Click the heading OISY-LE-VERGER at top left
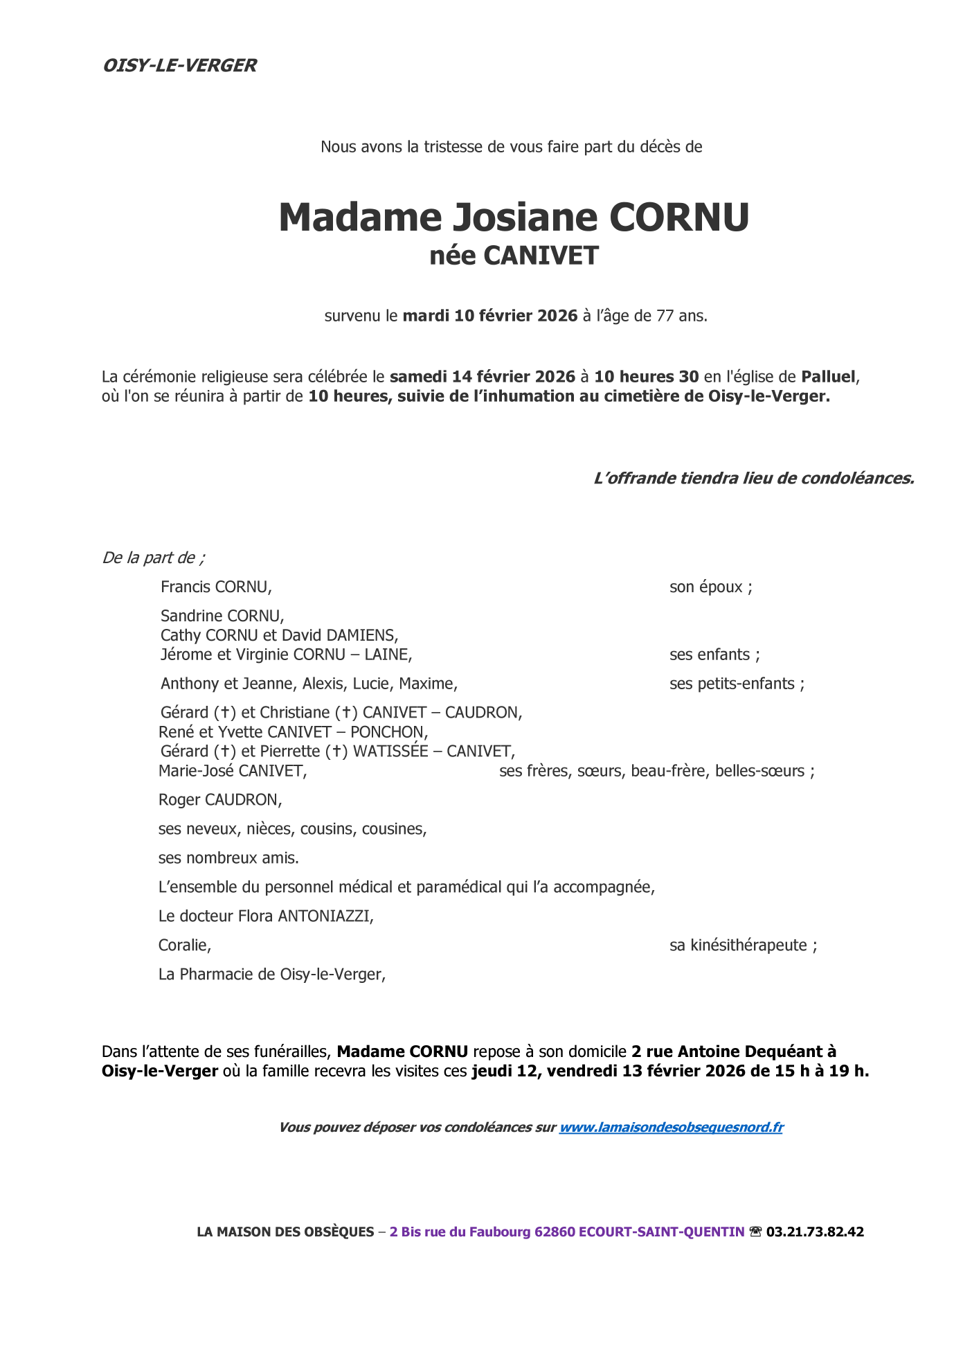(x=179, y=66)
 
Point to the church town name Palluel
(x=828, y=377)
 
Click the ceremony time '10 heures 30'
(x=646, y=377)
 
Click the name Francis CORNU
(x=215, y=587)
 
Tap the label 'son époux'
(x=710, y=587)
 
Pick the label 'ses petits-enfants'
(x=736, y=684)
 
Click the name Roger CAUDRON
(x=219, y=800)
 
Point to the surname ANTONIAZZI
(x=325, y=916)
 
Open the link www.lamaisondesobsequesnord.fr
(x=670, y=1127)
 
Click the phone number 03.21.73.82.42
(x=815, y=1232)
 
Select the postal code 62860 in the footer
(x=555, y=1232)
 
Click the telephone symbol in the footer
(x=755, y=1232)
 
